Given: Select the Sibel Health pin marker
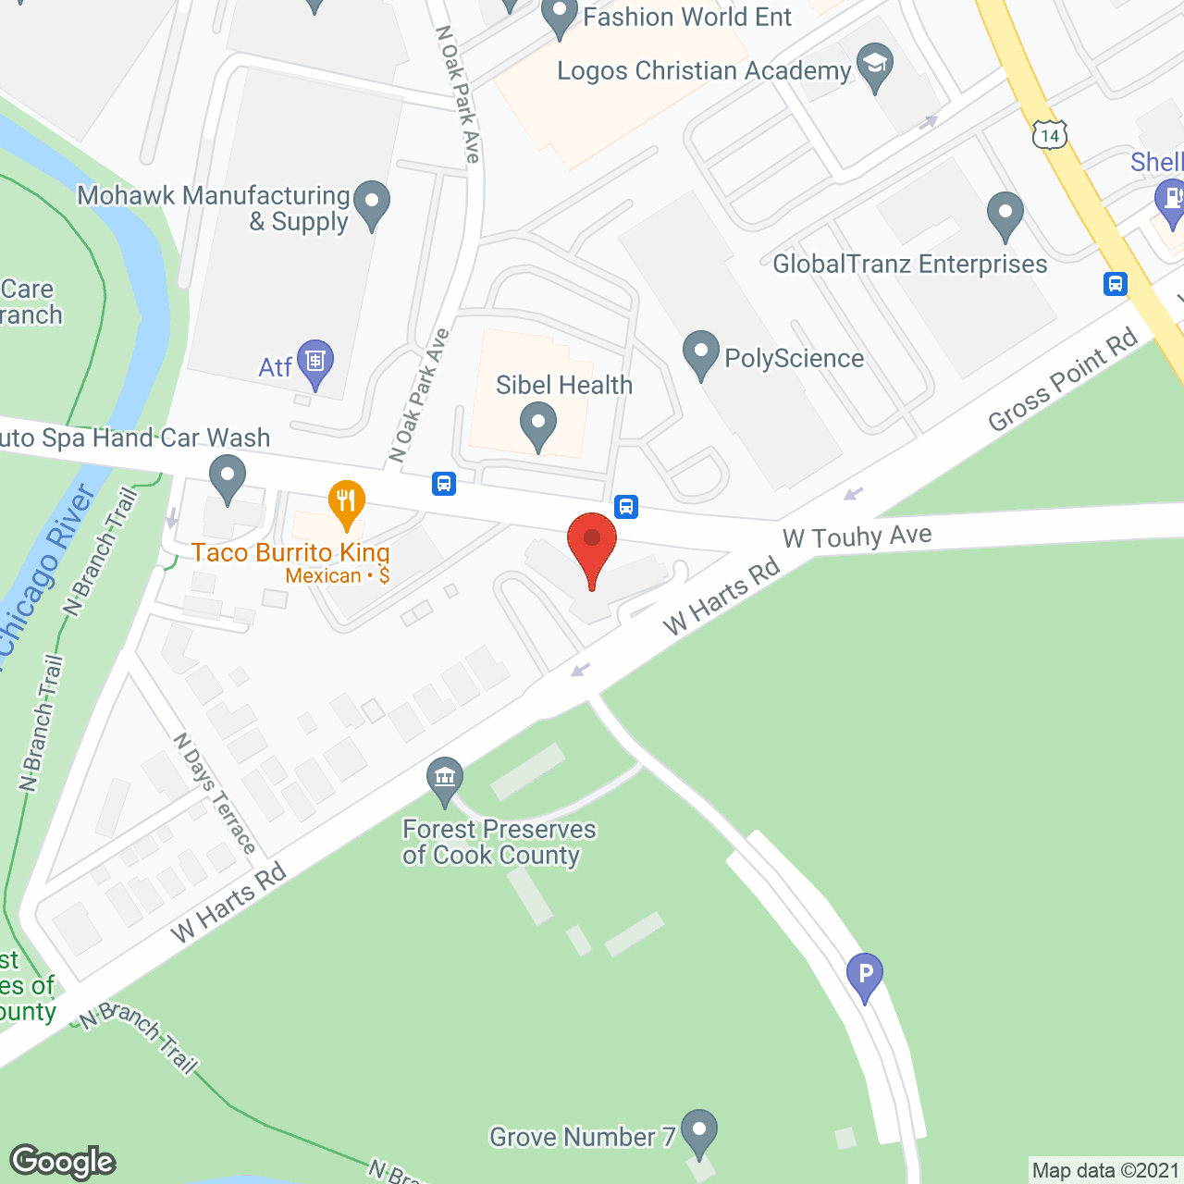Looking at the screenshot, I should click(538, 425).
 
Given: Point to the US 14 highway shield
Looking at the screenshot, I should click(1049, 136).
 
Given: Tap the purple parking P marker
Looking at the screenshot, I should click(865, 975).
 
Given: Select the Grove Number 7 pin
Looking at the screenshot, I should click(699, 1131).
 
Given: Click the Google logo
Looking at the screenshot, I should click(63, 1162).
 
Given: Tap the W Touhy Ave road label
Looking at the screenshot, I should click(857, 536).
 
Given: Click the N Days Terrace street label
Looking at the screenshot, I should click(215, 794).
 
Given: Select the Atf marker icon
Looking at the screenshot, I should click(315, 362).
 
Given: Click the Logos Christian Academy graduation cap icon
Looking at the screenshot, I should click(874, 67).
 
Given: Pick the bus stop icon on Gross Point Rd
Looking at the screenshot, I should click(1116, 284).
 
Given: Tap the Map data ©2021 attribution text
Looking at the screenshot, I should click(1105, 1171).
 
